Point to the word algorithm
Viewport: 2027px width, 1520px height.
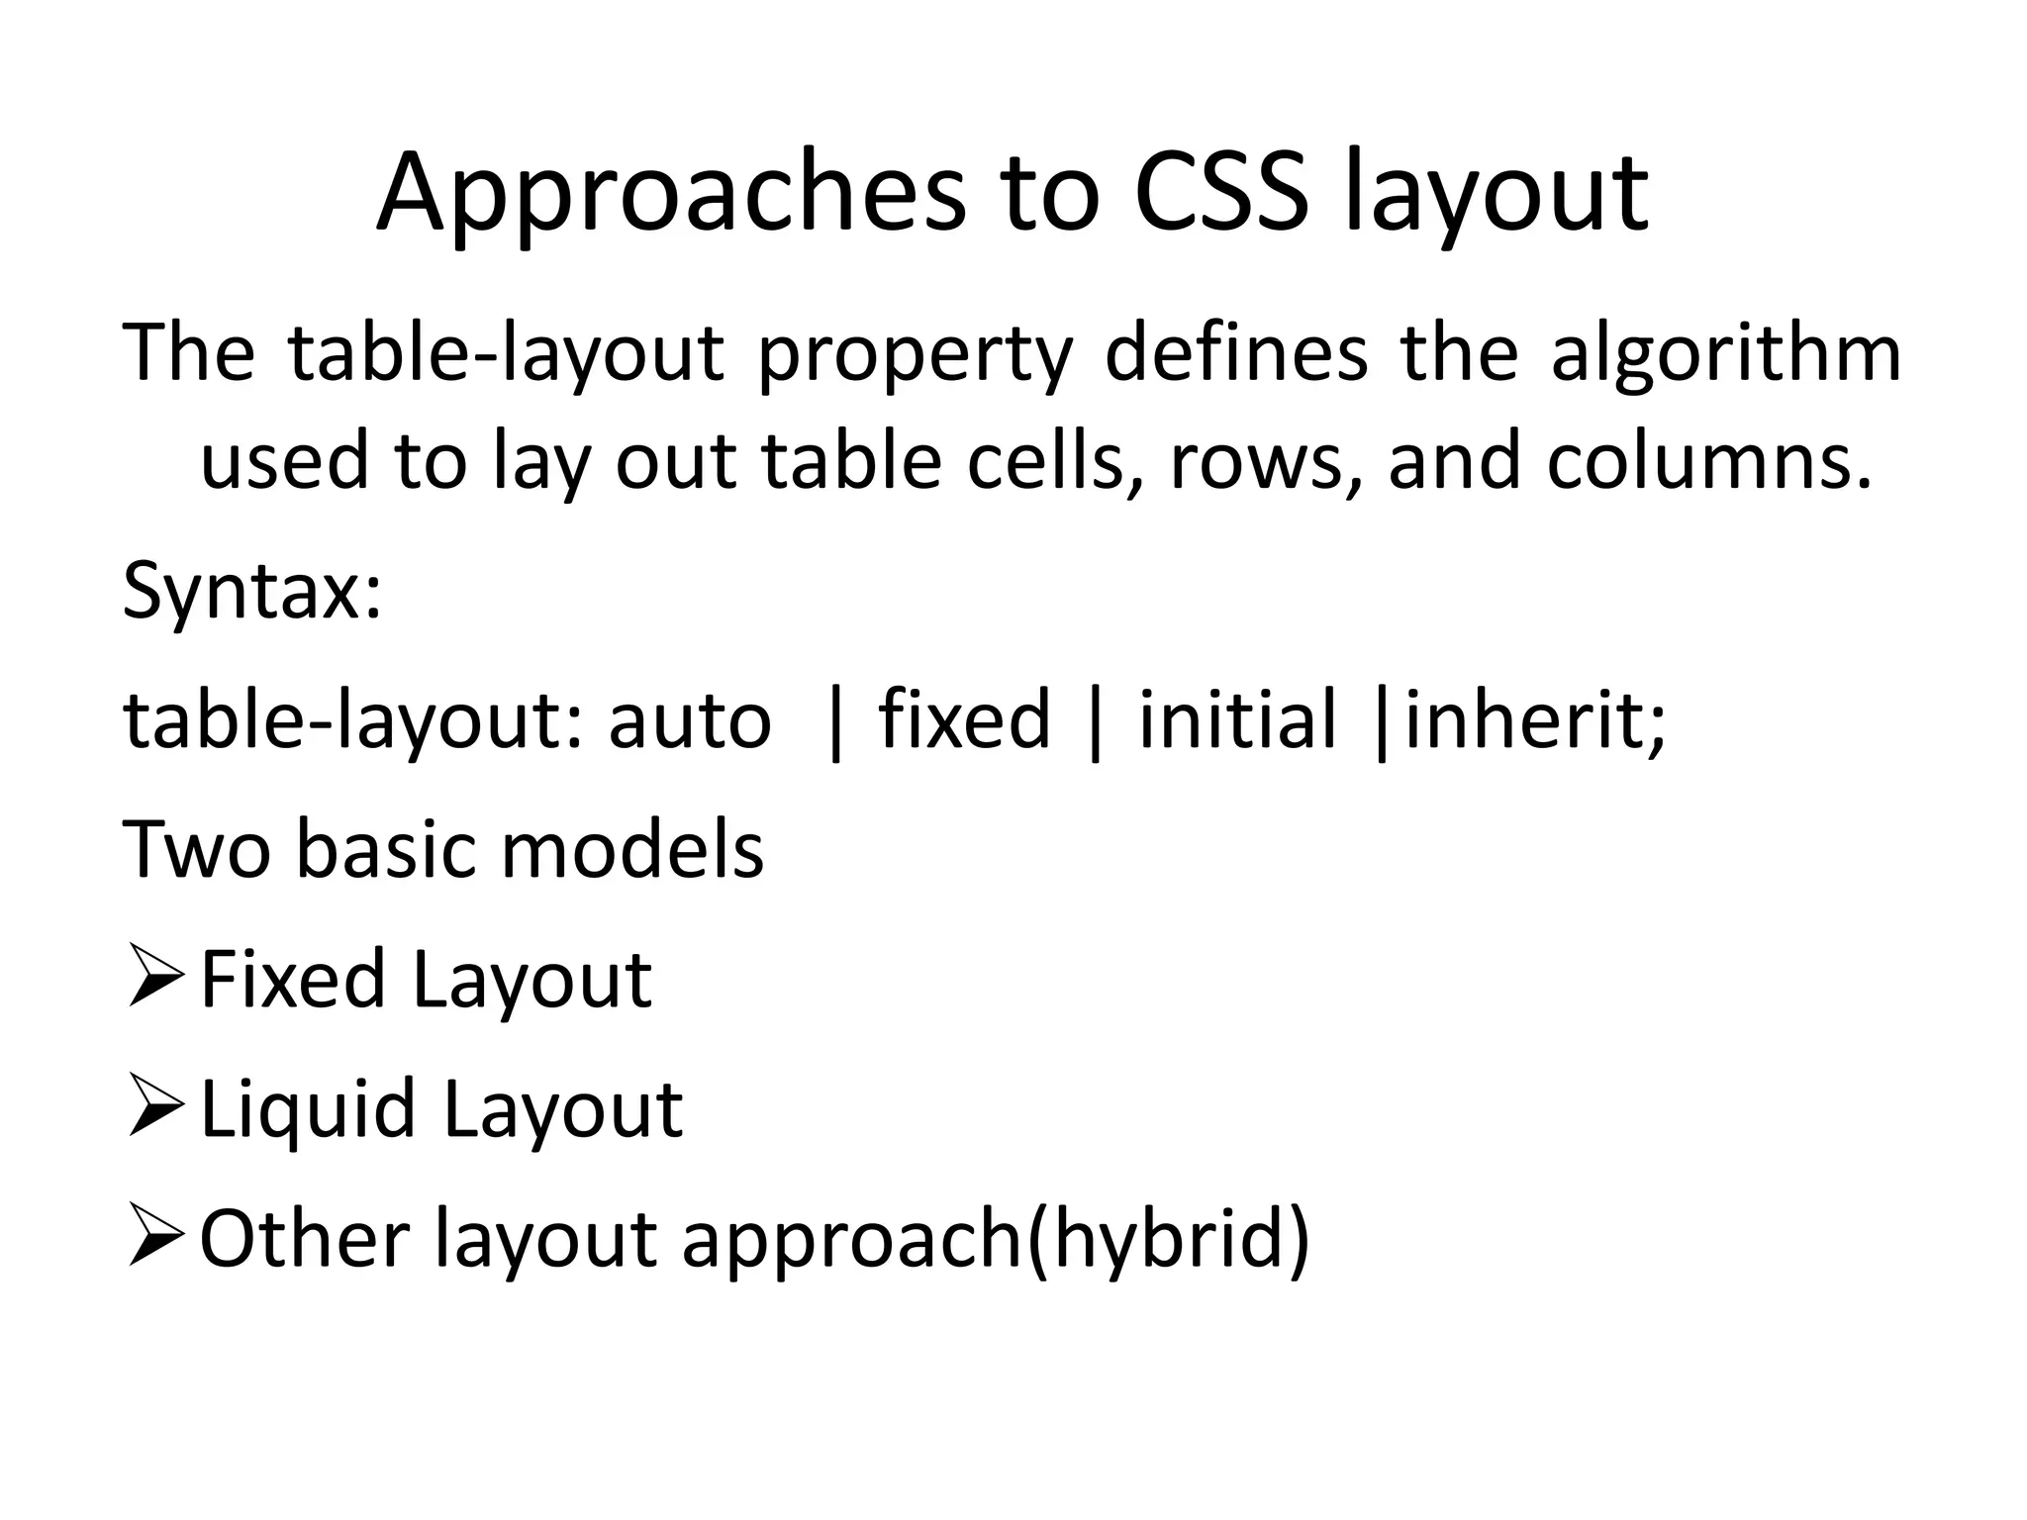(1725, 356)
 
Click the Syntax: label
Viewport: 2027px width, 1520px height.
(251, 592)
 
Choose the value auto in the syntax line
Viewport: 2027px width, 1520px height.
(689, 720)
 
